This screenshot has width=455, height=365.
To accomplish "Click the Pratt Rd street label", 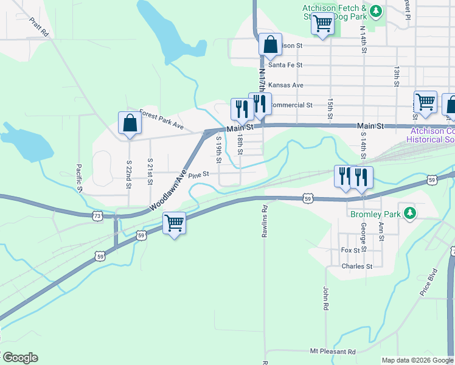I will coord(38,27).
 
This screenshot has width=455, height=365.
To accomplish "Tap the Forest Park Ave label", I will coord(161,119).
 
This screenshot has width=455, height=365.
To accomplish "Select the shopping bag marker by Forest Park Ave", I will coord(130,123).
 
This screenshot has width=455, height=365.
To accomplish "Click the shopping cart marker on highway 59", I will coord(175,223).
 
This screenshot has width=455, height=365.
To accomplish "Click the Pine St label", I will coord(198,175).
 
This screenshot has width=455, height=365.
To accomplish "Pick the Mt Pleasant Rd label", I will coord(333,352).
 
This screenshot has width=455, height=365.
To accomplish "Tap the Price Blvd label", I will coord(429,282).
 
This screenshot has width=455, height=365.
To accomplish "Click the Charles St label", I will coord(357,266).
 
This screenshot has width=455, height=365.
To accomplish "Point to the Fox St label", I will coord(351,250).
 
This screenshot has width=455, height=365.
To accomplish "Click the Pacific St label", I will coord(80,178).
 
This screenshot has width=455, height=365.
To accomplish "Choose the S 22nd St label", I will coord(129,173).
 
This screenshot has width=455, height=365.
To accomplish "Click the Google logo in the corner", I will coord(19,358).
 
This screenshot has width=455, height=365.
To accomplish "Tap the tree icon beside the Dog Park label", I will coord(377,11).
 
